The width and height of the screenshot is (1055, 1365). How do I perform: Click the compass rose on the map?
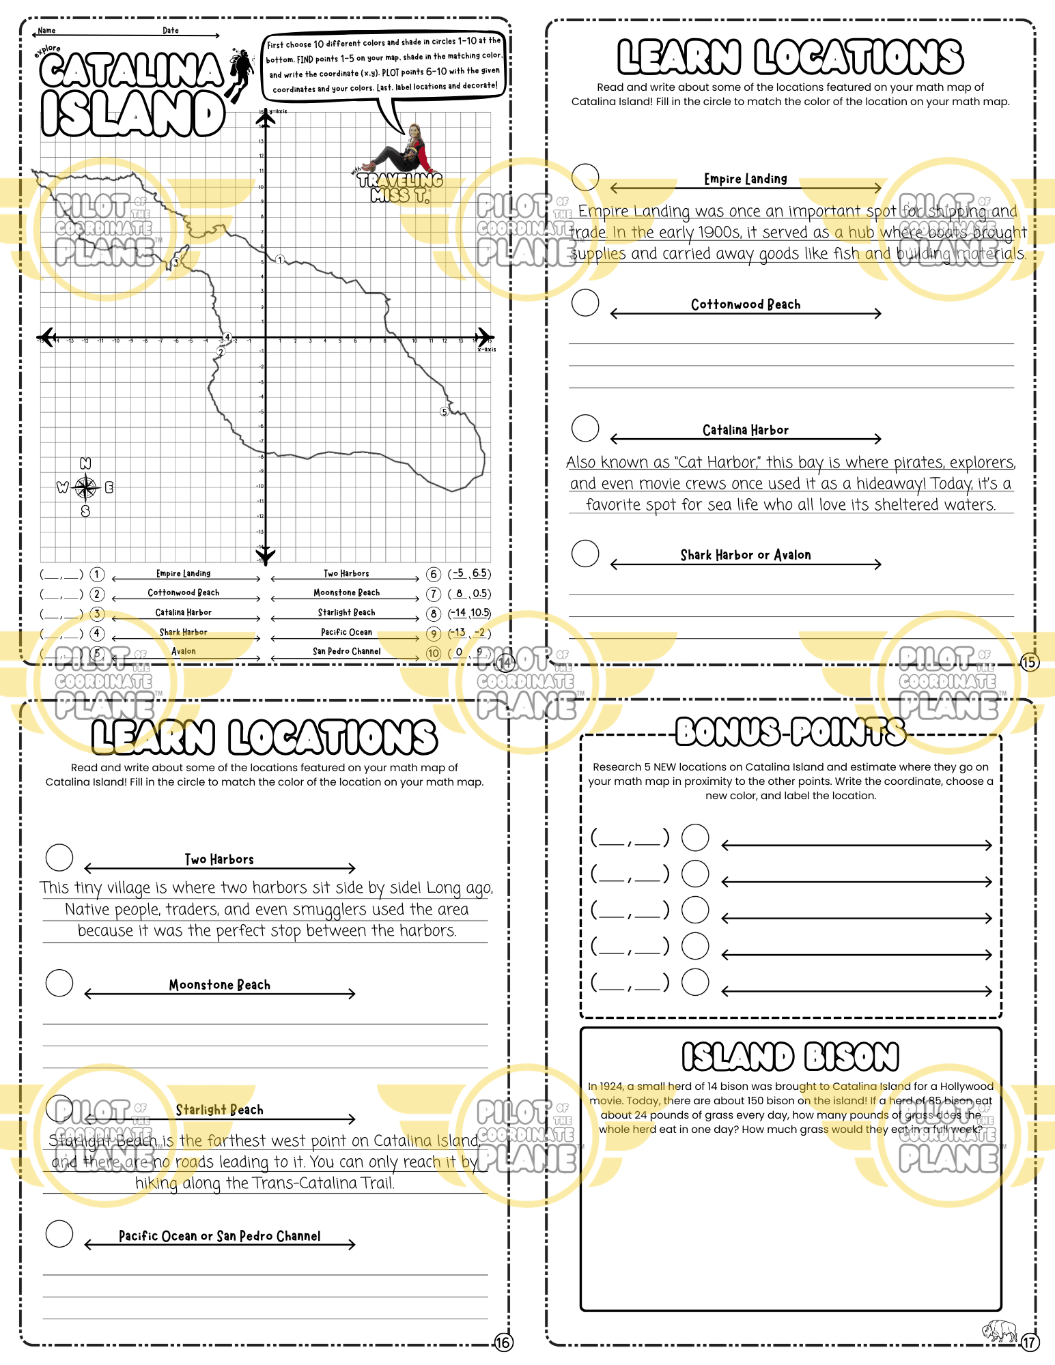pyautogui.click(x=85, y=487)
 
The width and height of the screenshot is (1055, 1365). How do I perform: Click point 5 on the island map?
pyautogui.click(x=445, y=412)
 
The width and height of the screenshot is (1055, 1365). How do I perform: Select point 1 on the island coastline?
pyautogui.click(x=280, y=260)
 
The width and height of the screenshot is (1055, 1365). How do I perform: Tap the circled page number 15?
pyautogui.click(x=1029, y=662)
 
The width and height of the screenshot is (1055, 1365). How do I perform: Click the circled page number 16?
pyautogui.click(x=503, y=1342)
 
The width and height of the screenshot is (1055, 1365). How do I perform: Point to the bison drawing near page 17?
pyautogui.click(x=1000, y=1331)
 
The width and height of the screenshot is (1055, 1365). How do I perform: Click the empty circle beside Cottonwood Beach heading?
pyautogui.click(x=585, y=302)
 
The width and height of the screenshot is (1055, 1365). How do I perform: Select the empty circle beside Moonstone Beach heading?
pyautogui.click(x=59, y=983)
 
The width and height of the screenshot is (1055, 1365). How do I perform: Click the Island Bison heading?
pyautogui.click(x=790, y=1057)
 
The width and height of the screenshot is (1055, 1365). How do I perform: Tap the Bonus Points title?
pyautogui.click(x=790, y=732)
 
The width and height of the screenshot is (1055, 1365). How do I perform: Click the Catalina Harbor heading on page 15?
pyautogui.click(x=745, y=430)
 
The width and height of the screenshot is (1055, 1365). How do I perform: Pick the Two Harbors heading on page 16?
pyautogui.click(x=219, y=859)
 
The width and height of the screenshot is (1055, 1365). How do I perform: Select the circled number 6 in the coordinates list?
pyautogui.click(x=434, y=574)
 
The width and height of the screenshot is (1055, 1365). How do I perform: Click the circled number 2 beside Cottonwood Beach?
pyautogui.click(x=98, y=594)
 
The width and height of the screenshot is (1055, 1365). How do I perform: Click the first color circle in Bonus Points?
pyautogui.click(x=695, y=837)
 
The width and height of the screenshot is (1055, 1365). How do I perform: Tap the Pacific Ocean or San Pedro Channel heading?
pyautogui.click(x=219, y=1236)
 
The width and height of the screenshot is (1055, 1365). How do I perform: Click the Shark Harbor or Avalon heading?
pyautogui.click(x=745, y=555)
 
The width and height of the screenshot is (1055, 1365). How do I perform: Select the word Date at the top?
pyautogui.click(x=171, y=31)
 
